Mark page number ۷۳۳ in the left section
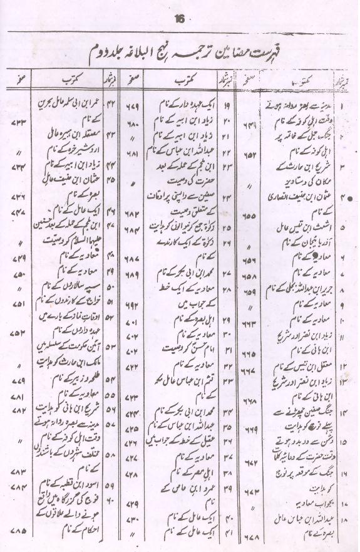point(18,119)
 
